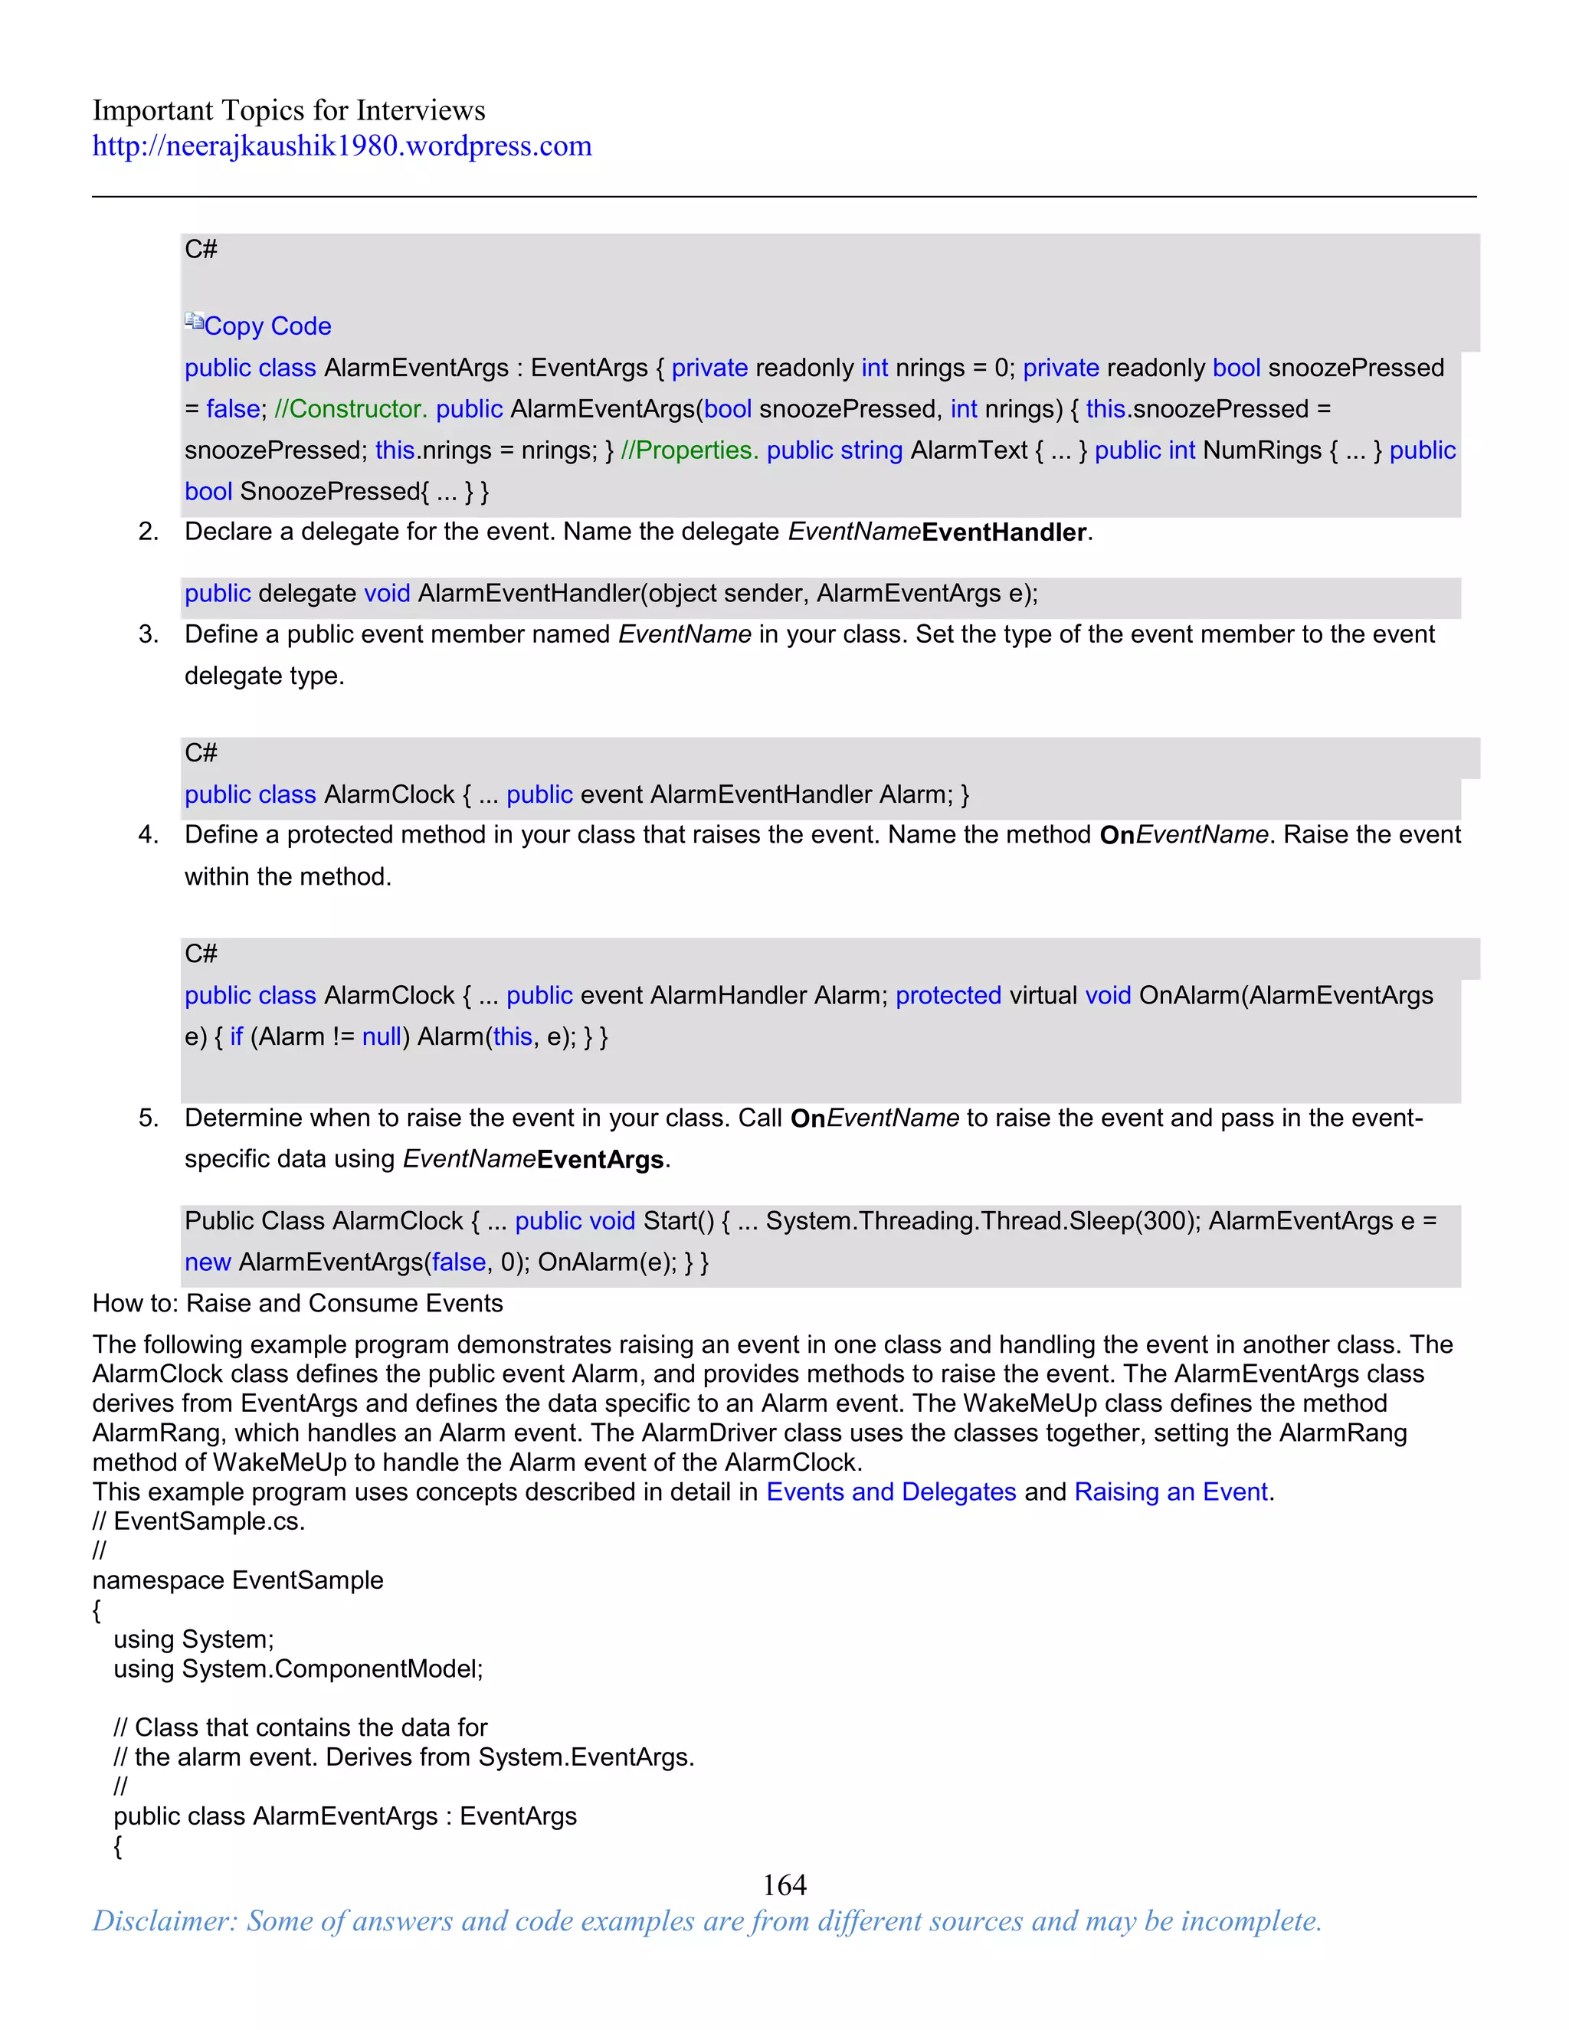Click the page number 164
point(784,1884)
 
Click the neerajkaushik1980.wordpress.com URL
point(341,146)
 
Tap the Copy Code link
point(267,326)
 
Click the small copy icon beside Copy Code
point(193,322)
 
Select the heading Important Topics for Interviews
point(288,110)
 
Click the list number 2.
point(148,532)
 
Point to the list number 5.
point(148,1118)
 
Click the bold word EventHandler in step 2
point(1003,532)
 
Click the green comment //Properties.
point(689,450)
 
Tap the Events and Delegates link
point(890,1491)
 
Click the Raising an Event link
point(1171,1491)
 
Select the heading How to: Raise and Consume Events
point(297,1303)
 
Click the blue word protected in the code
point(948,996)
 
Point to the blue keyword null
point(381,1036)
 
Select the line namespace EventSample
point(238,1580)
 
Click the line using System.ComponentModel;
point(297,1668)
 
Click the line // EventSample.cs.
point(199,1521)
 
